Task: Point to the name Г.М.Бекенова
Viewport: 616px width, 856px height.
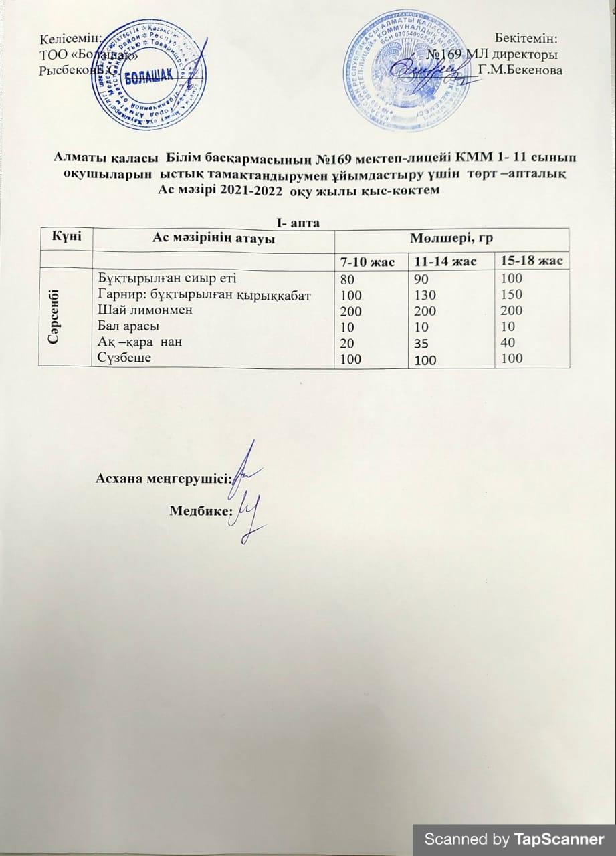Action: [520, 70]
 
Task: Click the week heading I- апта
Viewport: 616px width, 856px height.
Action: [302, 221]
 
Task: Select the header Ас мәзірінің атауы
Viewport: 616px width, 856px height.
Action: [213, 239]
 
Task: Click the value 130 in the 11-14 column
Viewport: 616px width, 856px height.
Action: [424, 294]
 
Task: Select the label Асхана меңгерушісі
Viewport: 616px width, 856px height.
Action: [163, 477]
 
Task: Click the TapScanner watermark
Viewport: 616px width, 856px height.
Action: [514, 838]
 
